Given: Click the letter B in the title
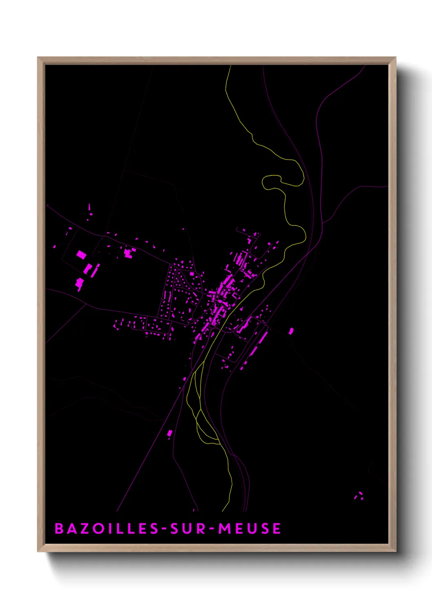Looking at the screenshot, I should (x=59, y=529).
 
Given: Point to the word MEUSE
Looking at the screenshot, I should (x=249, y=529).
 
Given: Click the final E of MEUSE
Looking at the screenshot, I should (x=277, y=529).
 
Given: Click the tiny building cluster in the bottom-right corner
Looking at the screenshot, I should (x=359, y=496).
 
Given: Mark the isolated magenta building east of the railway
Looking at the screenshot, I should (x=291, y=331).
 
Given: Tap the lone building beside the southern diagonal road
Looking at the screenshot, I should (x=170, y=433).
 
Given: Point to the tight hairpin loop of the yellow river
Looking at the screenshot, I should (x=269, y=182).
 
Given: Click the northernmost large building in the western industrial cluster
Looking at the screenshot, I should (x=81, y=255).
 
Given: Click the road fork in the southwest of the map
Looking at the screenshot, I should (x=85, y=304).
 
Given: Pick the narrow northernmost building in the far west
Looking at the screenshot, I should (x=89, y=207).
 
